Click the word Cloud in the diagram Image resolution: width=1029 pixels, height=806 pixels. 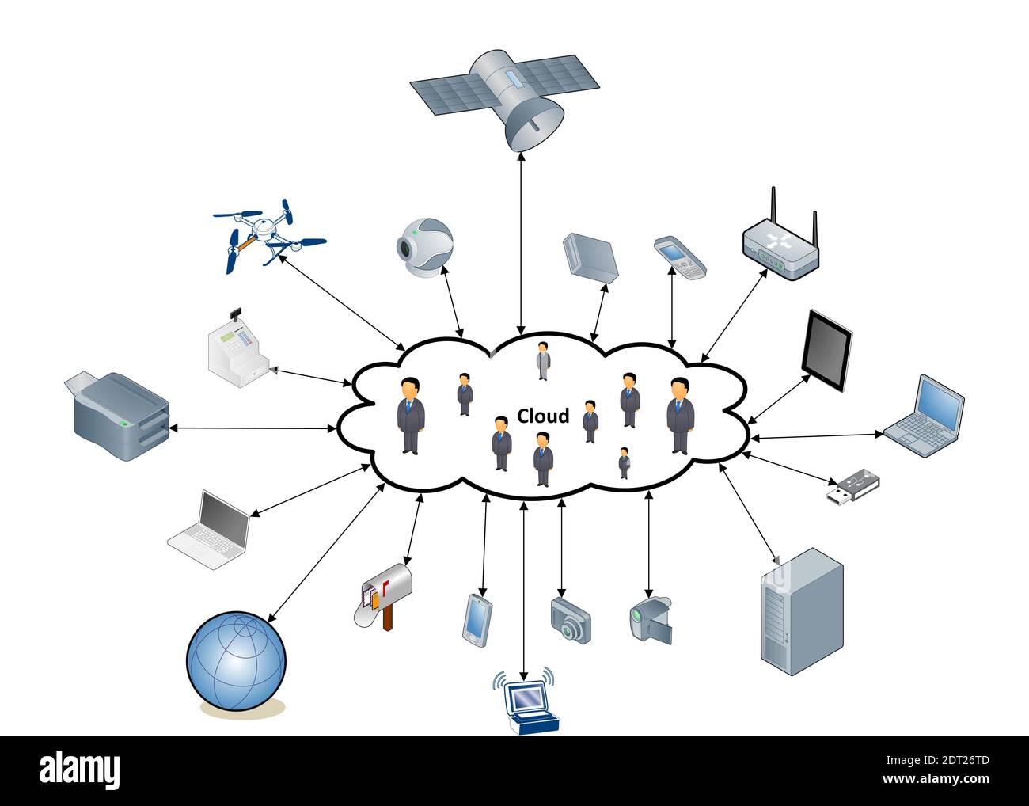pyautogui.click(x=542, y=416)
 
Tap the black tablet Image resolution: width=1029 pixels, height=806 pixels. pyautogui.click(x=826, y=351)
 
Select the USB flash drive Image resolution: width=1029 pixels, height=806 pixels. pyautogui.click(x=854, y=486)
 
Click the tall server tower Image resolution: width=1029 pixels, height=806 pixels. pyautogui.click(x=801, y=610)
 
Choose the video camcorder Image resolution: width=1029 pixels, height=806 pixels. pyautogui.click(x=651, y=618)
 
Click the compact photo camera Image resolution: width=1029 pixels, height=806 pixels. pyautogui.click(x=571, y=619)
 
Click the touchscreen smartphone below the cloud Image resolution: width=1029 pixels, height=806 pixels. pyautogui.click(x=477, y=618)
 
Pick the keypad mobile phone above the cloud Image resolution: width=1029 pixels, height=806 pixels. pyautogui.click(x=679, y=257)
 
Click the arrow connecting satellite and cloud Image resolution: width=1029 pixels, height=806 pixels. pyautogui.click(x=520, y=241)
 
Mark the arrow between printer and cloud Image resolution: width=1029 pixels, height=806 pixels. pyautogui.click(x=253, y=428)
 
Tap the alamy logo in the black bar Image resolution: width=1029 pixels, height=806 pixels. pyautogui.click(x=80, y=770)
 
